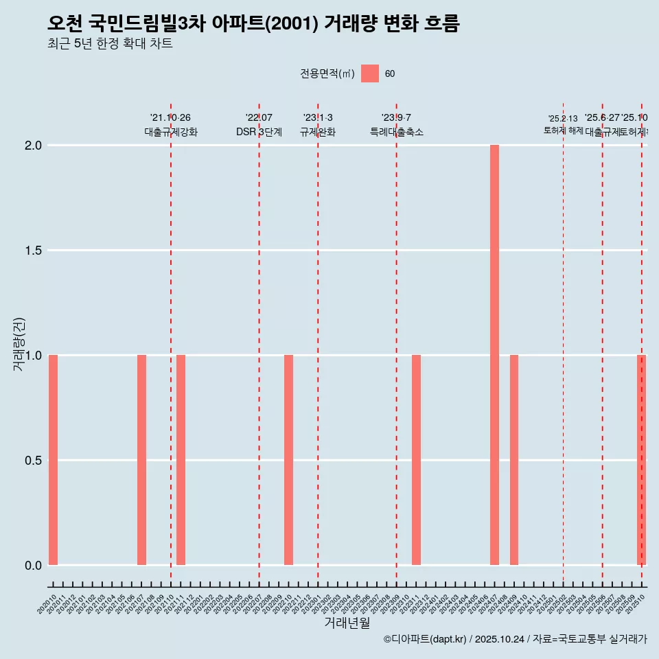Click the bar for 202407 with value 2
(494, 355)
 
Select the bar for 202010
(53, 460)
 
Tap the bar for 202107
(141, 460)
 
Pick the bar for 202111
(181, 460)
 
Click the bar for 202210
(288, 460)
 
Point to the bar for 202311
(416, 460)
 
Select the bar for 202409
(514, 460)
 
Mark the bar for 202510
(641, 460)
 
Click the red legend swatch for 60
(370, 73)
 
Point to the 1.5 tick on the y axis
(33, 251)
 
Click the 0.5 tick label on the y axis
(33, 461)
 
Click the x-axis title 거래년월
(347, 623)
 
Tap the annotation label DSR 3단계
(259, 132)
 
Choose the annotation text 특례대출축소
(396, 132)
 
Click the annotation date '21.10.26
(170, 117)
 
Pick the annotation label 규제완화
(317, 132)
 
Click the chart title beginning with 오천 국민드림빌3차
(253, 24)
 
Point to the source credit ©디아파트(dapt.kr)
(425, 639)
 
